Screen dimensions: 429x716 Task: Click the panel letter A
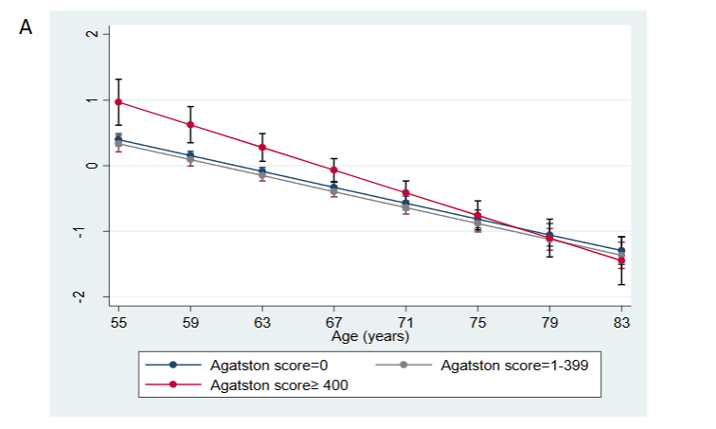[26, 27]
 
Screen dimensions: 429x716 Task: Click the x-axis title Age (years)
[369, 334]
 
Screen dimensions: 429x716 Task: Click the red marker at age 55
[118, 101]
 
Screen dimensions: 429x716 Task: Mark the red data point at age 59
[190, 124]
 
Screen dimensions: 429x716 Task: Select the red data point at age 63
[262, 147]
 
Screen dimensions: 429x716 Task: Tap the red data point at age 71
[405, 192]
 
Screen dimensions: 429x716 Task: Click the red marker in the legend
[172, 384]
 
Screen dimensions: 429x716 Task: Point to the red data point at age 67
[334, 170]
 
